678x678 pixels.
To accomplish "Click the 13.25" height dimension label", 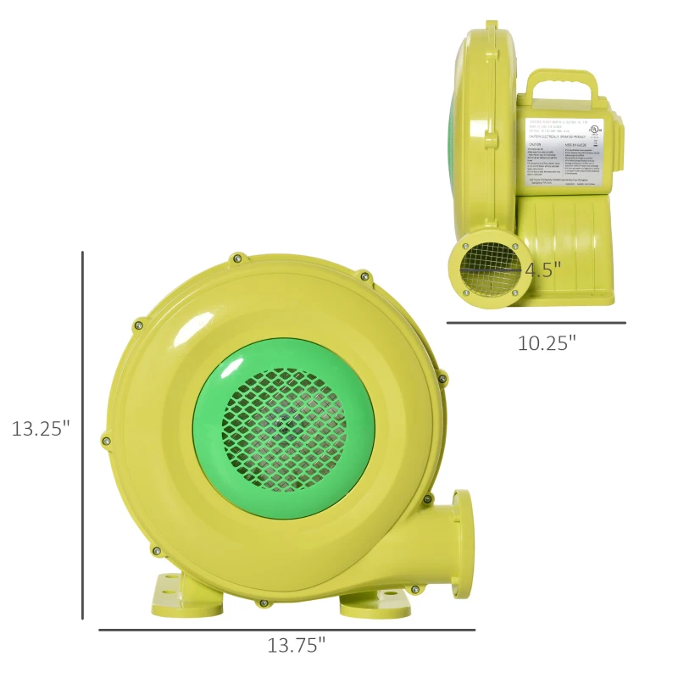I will tap(40, 428).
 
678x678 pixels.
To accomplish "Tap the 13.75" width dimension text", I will tap(297, 646).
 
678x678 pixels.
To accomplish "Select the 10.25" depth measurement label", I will tap(547, 343).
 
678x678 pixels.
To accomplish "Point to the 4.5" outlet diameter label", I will tap(543, 270).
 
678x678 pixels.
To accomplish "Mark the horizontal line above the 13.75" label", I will tap(286, 630).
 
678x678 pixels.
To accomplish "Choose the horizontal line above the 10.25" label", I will tap(536, 323).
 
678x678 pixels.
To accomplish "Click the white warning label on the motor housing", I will tap(564, 148).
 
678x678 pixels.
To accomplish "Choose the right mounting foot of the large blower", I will tap(375, 603).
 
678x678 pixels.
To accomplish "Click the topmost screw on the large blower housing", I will tap(237, 258).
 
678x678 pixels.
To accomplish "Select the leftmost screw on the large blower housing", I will tap(106, 439).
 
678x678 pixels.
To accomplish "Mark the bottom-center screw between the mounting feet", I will tap(264, 603).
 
